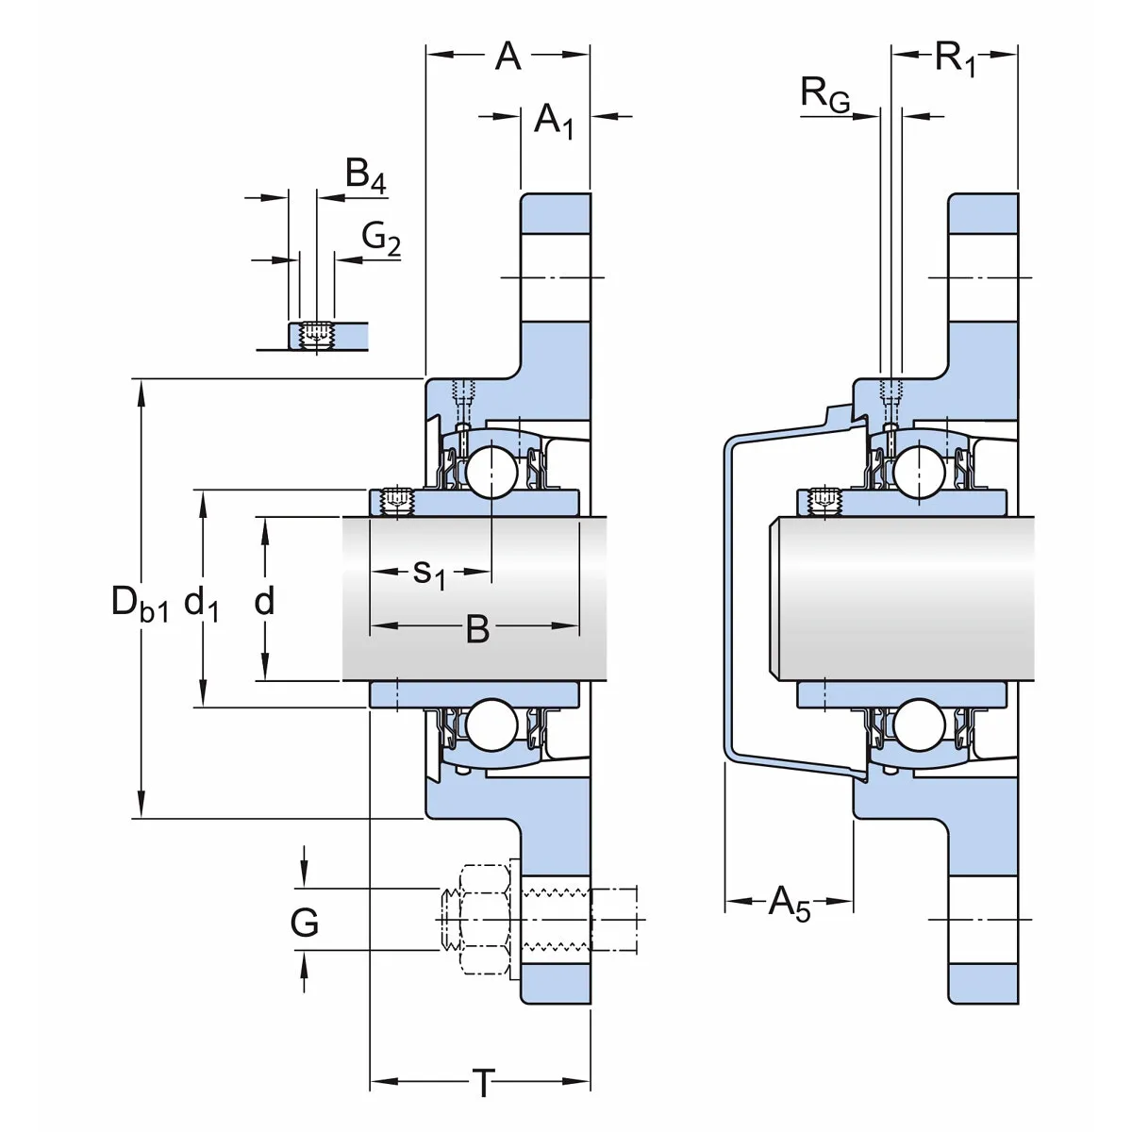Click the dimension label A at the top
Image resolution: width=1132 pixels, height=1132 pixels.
tap(508, 57)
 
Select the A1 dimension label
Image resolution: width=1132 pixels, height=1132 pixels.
tap(554, 120)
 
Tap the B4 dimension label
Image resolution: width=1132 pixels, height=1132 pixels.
tap(366, 175)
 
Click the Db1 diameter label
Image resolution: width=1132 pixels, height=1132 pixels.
tap(140, 602)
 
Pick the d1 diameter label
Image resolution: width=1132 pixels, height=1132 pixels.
tap(202, 602)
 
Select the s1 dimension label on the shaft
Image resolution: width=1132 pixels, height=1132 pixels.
tap(429, 572)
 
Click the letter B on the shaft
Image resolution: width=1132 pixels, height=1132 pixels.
tap(477, 629)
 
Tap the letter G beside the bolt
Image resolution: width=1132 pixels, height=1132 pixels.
tap(305, 923)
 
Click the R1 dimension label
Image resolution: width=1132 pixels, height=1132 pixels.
tap(955, 58)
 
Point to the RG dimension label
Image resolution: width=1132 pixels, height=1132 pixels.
tap(824, 94)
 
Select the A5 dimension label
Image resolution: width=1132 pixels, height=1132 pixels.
tap(789, 903)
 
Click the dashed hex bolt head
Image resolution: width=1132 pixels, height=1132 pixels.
tap(479, 919)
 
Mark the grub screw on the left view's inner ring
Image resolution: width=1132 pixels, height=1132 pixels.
tap(397, 500)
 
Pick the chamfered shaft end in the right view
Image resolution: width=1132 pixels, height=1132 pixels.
tap(775, 598)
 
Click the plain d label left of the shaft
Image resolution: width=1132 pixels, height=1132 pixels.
tap(265, 601)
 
